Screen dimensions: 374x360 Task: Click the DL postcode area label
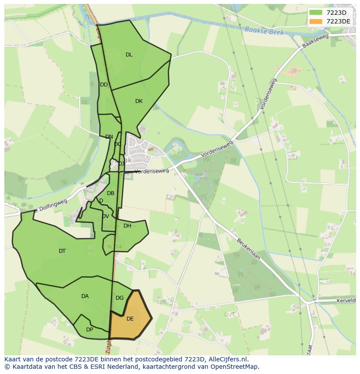pyautogui.click(x=129, y=55)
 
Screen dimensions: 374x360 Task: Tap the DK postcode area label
pyautogui.click(x=139, y=101)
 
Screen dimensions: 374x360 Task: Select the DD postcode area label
pyautogui.click(x=104, y=85)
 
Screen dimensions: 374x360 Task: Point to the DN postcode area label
pyautogui.click(x=109, y=137)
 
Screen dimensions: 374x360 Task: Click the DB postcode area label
pyautogui.click(x=111, y=193)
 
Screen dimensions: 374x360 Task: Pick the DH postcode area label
pyautogui.click(x=127, y=226)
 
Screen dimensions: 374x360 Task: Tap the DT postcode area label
pyautogui.click(x=62, y=251)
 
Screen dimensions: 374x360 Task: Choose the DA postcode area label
pyautogui.click(x=85, y=296)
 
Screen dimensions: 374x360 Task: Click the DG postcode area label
pyautogui.click(x=120, y=298)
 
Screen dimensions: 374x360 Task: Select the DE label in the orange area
pyautogui.click(x=130, y=319)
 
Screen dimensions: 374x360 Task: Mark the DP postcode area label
pyautogui.click(x=90, y=330)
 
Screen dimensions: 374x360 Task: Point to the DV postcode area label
pyautogui.click(x=106, y=216)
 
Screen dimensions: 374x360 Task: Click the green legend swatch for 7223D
pyautogui.click(x=316, y=13)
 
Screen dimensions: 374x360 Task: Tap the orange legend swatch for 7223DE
pyautogui.click(x=316, y=21)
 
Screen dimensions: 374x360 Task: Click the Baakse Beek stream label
pyautogui.click(x=264, y=31)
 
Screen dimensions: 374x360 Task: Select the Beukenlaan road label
pyautogui.click(x=248, y=248)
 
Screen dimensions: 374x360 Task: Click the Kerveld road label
pyautogui.click(x=346, y=301)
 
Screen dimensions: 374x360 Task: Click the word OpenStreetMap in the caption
pyautogui.click(x=235, y=367)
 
